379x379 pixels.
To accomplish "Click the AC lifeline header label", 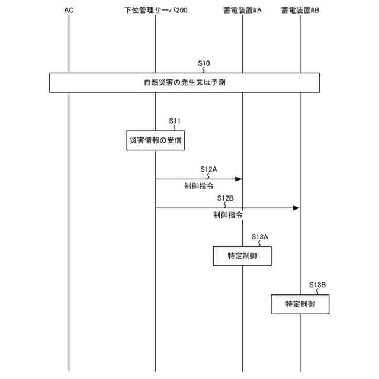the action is click(x=69, y=11).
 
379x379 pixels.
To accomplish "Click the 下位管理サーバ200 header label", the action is click(x=155, y=11).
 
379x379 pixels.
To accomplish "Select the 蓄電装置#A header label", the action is click(x=243, y=11).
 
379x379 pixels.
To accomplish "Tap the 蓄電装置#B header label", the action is click(x=300, y=11).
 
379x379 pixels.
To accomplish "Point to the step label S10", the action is click(x=204, y=62).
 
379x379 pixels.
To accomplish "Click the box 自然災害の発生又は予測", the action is click(x=184, y=83).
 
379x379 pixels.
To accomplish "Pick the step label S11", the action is click(x=175, y=121).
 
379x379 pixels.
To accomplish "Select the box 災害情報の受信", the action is click(x=155, y=140).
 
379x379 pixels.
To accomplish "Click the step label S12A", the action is click(x=208, y=169).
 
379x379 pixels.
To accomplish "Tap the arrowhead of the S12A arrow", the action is click(x=239, y=178).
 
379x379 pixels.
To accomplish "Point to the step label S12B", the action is click(x=225, y=198).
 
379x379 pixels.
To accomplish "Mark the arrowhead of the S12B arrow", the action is click(x=297, y=208).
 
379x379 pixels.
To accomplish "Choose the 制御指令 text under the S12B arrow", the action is click(x=227, y=216).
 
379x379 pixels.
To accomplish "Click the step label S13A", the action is click(x=260, y=236).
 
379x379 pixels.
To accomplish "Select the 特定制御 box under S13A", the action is click(x=243, y=256).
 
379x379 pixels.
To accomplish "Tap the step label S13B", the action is click(x=317, y=285).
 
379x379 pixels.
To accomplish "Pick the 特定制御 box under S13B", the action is click(x=300, y=304).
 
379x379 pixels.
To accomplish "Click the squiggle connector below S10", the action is click(x=204, y=69).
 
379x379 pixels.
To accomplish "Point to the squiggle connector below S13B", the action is click(x=318, y=291).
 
